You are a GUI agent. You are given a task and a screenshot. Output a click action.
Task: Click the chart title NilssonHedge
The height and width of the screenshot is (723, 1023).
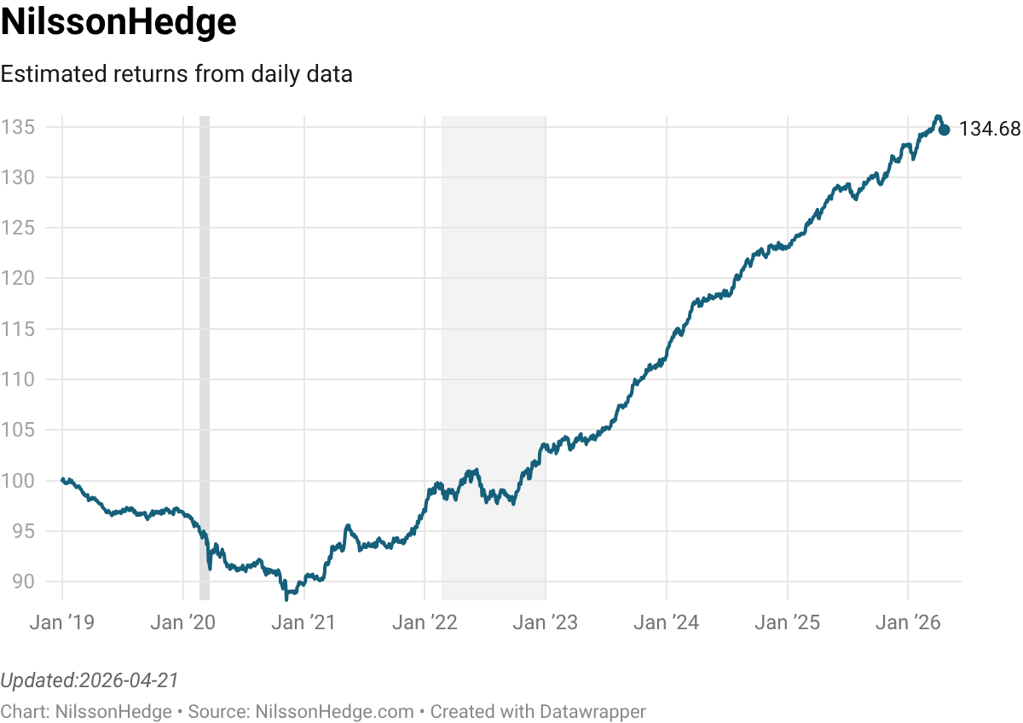pyautogui.click(x=118, y=23)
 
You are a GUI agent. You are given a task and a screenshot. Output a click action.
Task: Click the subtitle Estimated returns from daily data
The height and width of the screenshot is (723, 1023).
pyautogui.click(x=176, y=74)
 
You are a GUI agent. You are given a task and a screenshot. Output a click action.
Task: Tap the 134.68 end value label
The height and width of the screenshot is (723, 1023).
pyautogui.click(x=989, y=130)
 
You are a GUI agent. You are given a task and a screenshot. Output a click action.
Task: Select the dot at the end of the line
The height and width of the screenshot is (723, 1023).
pyautogui.click(x=944, y=130)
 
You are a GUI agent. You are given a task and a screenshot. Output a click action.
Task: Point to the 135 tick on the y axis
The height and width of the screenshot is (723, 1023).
pyautogui.click(x=17, y=127)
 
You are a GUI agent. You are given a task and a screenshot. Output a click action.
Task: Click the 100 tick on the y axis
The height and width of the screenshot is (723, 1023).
pyautogui.click(x=17, y=481)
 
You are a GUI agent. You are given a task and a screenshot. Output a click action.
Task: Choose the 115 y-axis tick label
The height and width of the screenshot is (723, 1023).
pyautogui.click(x=17, y=329)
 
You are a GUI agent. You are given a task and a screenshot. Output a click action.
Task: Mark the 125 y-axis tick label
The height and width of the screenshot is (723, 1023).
pyautogui.click(x=17, y=228)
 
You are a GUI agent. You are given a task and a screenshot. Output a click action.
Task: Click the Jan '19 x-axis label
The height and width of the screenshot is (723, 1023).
pyautogui.click(x=61, y=622)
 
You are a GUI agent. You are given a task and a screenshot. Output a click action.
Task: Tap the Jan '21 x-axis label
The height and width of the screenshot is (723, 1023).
pyautogui.click(x=303, y=622)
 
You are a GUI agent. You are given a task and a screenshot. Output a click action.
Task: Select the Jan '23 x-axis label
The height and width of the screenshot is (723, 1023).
pyautogui.click(x=546, y=622)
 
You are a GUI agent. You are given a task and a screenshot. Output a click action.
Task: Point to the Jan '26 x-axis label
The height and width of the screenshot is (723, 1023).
pyautogui.click(x=908, y=622)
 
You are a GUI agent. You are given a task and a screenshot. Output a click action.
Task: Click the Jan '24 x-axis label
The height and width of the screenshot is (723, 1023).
pyautogui.click(x=667, y=622)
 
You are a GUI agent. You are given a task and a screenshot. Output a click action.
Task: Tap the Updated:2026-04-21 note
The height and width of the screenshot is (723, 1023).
pyautogui.click(x=90, y=680)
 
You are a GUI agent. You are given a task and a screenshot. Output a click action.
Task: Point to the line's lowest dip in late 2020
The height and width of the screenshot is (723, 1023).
pyautogui.click(x=286, y=598)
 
